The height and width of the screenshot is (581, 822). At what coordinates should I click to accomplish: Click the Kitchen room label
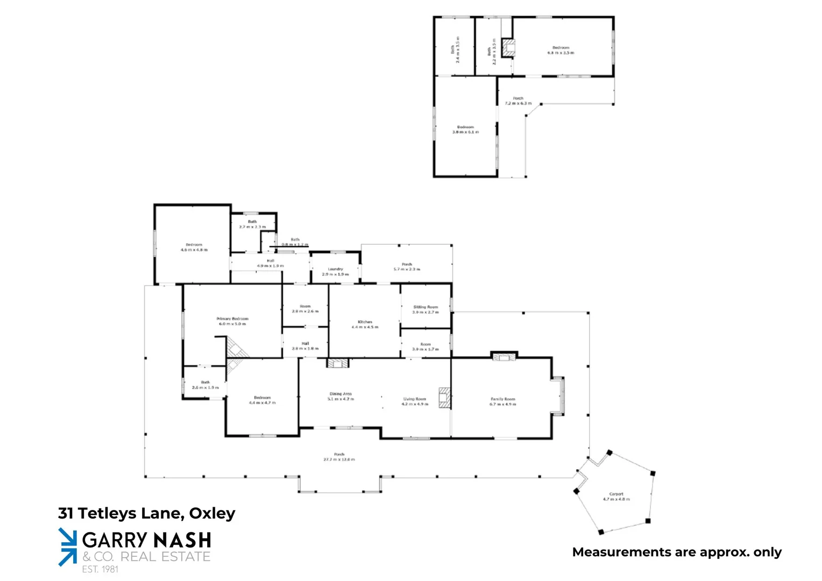tap(365, 324)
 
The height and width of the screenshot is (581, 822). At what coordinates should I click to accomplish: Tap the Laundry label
tap(335, 272)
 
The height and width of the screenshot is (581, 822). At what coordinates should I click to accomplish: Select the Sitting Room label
tap(426, 309)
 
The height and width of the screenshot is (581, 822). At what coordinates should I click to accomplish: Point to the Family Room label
tap(502, 401)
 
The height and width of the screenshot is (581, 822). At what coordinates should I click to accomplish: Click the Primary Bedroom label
tap(232, 321)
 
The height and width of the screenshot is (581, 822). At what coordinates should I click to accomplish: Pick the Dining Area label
tap(341, 396)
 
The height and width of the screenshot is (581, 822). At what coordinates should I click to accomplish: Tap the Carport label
tap(616, 496)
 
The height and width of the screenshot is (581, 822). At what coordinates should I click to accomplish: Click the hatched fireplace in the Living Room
tap(444, 398)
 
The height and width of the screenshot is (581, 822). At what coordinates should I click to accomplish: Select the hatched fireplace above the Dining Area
tap(337, 363)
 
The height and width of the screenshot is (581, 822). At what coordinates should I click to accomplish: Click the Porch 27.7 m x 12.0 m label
tap(339, 457)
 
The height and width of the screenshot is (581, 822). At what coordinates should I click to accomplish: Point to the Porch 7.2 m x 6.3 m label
tap(518, 101)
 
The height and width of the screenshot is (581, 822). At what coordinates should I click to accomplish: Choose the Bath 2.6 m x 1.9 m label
tap(205, 385)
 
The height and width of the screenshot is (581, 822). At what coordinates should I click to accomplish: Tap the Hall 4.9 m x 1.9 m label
tap(270, 263)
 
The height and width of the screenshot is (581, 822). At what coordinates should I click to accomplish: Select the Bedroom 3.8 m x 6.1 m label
tap(465, 129)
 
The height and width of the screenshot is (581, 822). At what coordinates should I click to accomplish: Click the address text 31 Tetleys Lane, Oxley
tap(146, 513)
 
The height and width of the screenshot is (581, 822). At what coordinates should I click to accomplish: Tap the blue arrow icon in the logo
tap(68, 547)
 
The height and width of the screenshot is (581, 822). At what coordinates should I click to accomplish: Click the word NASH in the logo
tap(182, 540)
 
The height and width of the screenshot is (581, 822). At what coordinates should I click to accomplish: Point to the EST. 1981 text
tap(100, 569)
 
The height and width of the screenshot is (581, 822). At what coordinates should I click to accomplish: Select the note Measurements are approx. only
tap(677, 552)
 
